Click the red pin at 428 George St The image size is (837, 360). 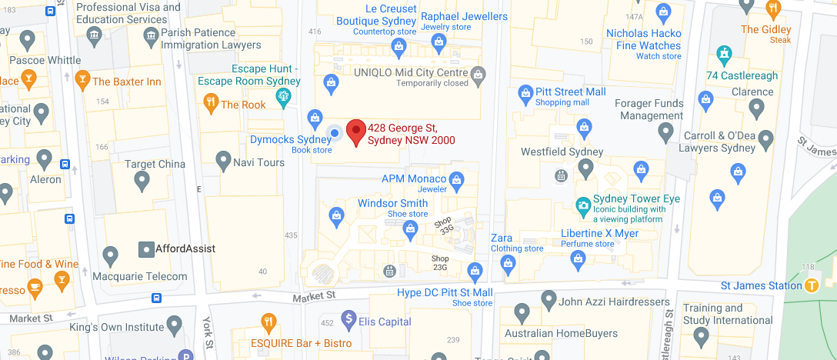[x=355, y=132]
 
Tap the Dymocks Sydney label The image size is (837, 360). [x=291, y=140]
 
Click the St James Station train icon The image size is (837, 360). [x=811, y=285]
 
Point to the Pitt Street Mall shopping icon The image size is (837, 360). [x=525, y=93]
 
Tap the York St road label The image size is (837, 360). [x=207, y=332]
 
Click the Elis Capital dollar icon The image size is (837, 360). [x=348, y=318]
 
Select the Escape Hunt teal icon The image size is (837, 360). [x=283, y=96]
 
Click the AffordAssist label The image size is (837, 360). [x=185, y=249]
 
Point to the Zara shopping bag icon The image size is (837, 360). [x=507, y=264]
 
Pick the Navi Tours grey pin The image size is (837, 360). [x=223, y=160]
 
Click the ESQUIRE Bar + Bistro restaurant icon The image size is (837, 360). [x=268, y=322]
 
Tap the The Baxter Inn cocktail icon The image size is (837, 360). [x=82, y=80]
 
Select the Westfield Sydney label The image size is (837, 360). [x=562, y=152]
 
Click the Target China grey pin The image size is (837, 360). [x=142, y=180]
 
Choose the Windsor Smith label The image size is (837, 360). [x=392, y=204]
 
